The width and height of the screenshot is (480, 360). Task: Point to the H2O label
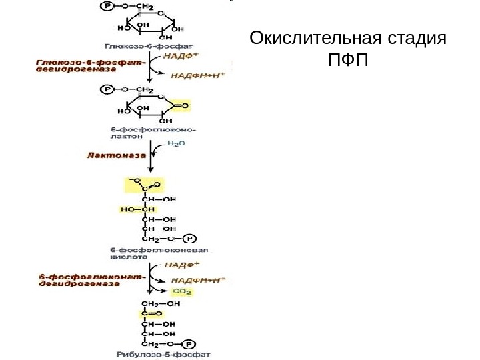pos(177,143)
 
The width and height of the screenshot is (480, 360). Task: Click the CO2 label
pos(182,291)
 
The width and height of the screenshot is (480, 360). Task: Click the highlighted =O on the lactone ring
pos(184,105)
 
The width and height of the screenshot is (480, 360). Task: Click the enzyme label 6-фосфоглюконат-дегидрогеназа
pos(79,279)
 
